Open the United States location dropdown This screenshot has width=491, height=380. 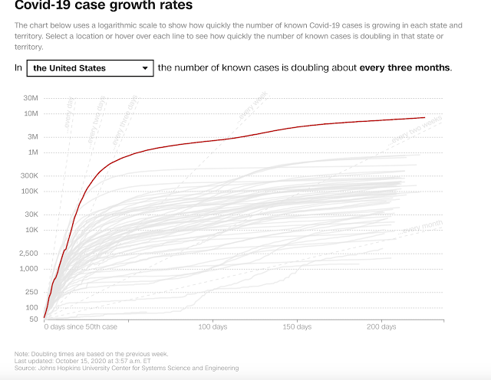[x=90, y=68]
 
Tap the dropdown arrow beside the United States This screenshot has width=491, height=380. [x=145, y=68]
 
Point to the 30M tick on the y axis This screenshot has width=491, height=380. [x=31, y=98]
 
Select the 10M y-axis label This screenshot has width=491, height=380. [x=31, y=113]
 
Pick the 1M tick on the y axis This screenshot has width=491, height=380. [x=34, y=152]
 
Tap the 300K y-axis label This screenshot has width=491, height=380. [x=29, y=175]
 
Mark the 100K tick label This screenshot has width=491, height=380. [x=29, y=191]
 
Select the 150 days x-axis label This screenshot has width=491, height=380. [x=296, y=327]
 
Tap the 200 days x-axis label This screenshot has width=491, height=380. [x=381, y=327]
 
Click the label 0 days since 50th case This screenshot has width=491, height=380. [x=81, y=327]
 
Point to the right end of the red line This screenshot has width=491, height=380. [x=424, y=117]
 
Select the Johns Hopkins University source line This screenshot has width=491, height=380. [x=127, y=369]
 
